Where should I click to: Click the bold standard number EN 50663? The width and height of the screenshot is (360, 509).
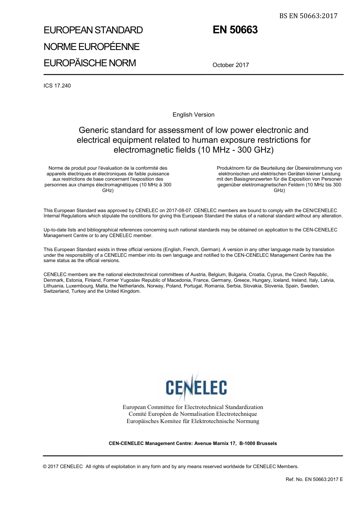coord(235,30)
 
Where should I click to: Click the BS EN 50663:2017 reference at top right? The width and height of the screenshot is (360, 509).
coord(308,16)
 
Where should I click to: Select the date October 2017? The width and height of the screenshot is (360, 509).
coord(230,65)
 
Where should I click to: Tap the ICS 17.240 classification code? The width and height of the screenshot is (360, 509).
coord(57,86)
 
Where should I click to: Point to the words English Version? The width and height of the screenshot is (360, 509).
coord(193,115)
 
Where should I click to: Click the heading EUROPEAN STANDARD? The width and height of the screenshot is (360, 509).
coord(93,30)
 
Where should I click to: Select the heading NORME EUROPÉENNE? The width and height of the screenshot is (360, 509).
coord(91,47)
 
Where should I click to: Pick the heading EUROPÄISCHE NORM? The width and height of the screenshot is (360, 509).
coord(89,63)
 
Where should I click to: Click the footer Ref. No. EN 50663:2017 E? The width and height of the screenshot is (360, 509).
coord(314,479)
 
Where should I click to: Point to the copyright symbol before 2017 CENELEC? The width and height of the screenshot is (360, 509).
coord(45,467)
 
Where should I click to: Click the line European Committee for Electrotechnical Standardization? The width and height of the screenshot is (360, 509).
coord(193,407)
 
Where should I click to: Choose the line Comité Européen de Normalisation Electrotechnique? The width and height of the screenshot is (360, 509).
coord(193,414)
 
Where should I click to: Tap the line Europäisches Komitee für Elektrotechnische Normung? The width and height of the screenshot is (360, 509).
coord(193,421)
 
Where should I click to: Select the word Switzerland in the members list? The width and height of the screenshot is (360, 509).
coord(56,291)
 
